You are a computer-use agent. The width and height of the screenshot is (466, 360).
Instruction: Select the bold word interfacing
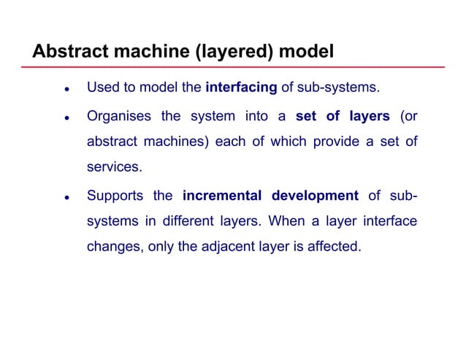tap(241, 88)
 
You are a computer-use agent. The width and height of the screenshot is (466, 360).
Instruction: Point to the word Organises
tap(118, 117)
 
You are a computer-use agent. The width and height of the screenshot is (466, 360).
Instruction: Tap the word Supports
tap(115, 196)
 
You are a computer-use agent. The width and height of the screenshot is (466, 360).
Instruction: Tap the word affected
tap(334, 246)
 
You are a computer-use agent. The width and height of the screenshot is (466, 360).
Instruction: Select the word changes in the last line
tap(113, 247)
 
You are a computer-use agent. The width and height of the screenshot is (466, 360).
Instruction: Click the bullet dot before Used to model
tap(66, 90)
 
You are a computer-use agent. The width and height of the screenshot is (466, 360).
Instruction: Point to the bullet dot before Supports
tap(66, 197)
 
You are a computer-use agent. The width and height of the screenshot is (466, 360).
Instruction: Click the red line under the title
tap(234, 67)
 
